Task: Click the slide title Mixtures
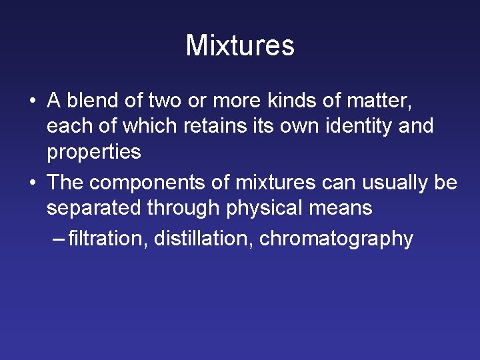[240, 45]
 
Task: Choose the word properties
[93, 152]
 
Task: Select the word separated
[94, 207]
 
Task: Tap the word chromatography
[336, 239]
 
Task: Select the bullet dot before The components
[32, 183]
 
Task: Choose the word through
[183, 207]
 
